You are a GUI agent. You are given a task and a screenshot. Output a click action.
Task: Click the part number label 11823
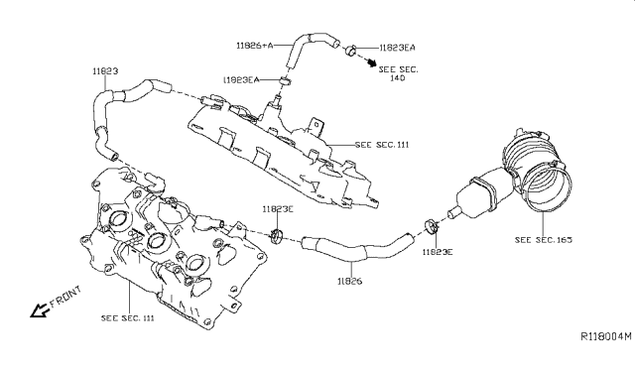[105, 71]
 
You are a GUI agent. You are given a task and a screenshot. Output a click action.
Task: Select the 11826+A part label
[255, 46]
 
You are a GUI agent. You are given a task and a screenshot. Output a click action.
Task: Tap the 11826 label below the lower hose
[350, 281]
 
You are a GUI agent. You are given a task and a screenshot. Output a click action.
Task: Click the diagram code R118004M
[606, 336]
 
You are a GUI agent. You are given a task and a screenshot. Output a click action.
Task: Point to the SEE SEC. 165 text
[544, 240]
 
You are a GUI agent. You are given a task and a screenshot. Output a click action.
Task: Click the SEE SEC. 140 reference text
[398, 73]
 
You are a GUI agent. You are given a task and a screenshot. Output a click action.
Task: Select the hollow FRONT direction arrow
[40, 310]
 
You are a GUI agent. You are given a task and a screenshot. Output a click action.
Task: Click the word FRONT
[65, 298]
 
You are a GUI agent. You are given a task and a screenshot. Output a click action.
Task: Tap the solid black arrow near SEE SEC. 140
[371, 62]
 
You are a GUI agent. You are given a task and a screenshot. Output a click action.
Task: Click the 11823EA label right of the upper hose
[397, 48]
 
